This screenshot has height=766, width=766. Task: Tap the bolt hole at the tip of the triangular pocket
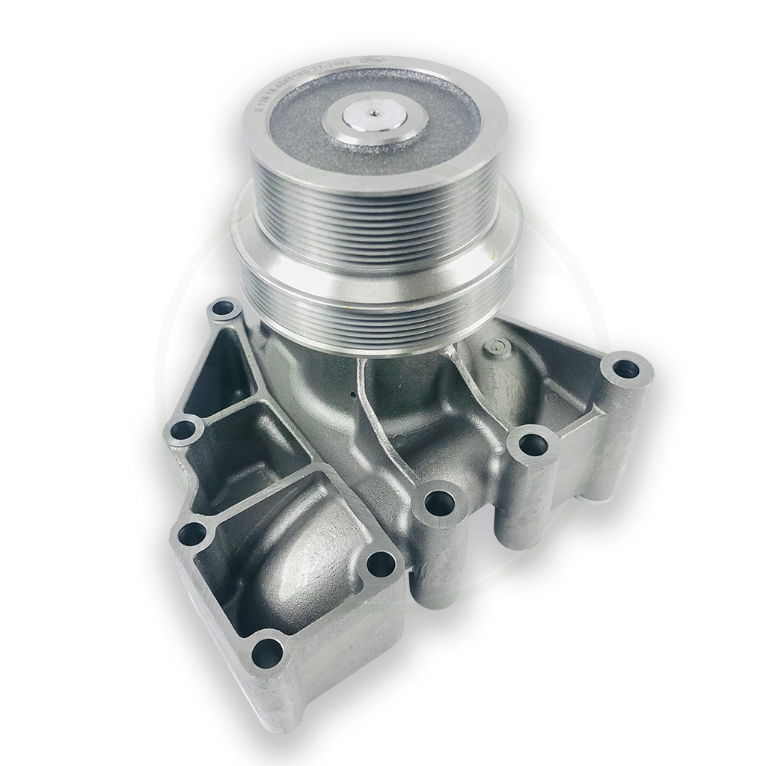click(x=224, y=307)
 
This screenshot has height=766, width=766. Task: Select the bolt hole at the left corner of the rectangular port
click(x=191, y=534)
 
